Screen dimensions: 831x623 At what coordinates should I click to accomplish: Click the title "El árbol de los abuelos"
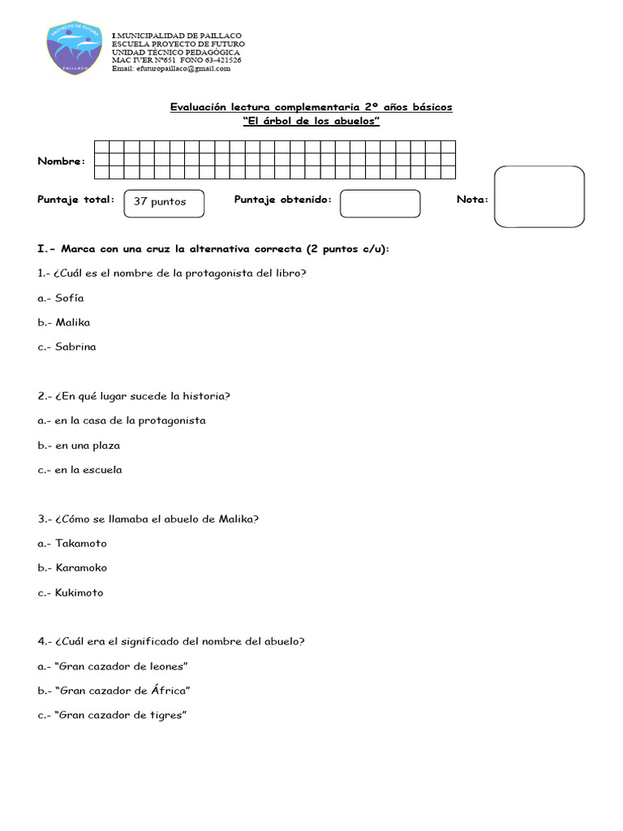pos(311,122)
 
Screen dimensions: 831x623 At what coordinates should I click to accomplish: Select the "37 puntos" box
pos(163,202)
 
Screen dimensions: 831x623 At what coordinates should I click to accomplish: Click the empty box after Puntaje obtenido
pos(380,204)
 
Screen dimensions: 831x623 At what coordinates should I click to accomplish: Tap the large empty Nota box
pos(539,197)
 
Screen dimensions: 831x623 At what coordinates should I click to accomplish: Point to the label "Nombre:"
pos(61,161)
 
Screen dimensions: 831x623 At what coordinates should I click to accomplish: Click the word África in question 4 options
pos(169,691)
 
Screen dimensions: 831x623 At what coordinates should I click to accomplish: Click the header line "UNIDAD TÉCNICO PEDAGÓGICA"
pos(175,52)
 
